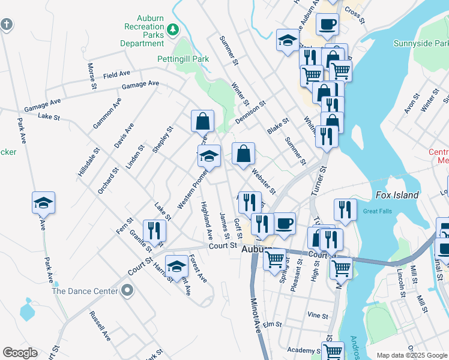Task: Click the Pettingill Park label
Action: pyautogui.click(x=183, y=59)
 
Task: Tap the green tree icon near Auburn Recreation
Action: pyautogui.click(x=173, y=28)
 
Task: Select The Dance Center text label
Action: pyautogui.click(x=85, y=291)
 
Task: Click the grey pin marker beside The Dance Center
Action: pyautogui.click(x=127, y=291)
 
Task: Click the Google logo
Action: pyautogui.click(x=20, y=353)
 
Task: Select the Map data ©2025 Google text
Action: pyautogui.click(x=411, y=355)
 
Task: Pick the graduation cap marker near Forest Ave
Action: pyautogui.click(x=176, y=267)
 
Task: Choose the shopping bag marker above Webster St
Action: pyautogui.click(x=243, y=154)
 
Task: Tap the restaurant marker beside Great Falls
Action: pyautogui.click(x=345, y=210)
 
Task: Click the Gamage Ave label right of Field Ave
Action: pyautogui.click(x=140, y=85)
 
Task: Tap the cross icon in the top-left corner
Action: pyautogui.click(x=6, y=25)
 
